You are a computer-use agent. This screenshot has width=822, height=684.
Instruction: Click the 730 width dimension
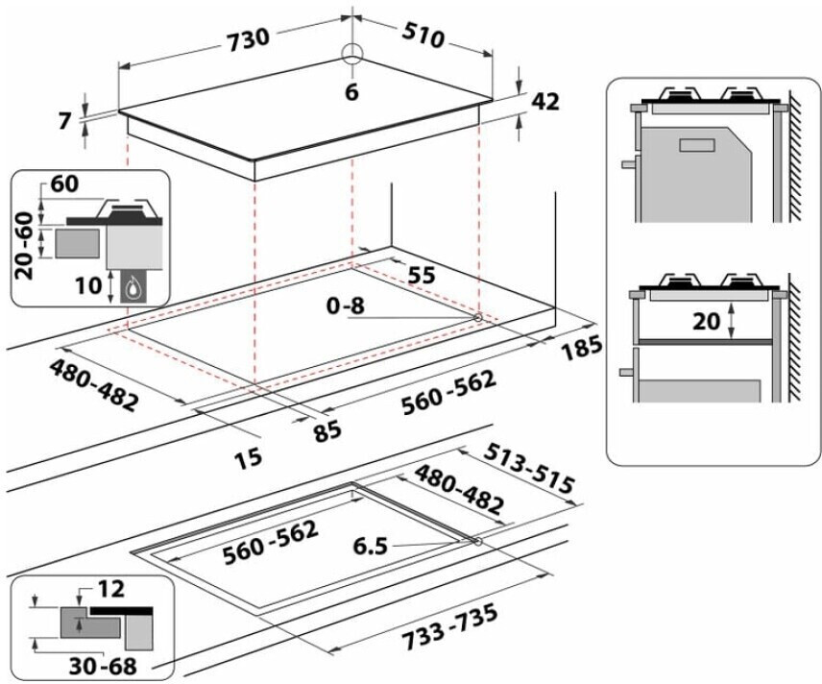point(249,39)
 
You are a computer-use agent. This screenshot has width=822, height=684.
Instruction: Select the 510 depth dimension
point(423,36)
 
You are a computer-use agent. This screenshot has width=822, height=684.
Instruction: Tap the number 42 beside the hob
point(545,101)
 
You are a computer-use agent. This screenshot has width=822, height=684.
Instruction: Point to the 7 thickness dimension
point(64,121)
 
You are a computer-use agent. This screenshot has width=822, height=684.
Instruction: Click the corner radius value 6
point(351,92)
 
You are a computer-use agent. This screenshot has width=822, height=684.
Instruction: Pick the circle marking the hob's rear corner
point(352,54)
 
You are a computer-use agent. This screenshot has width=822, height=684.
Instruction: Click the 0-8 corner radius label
point(345,305)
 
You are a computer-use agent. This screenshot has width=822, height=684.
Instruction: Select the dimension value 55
point(421,275)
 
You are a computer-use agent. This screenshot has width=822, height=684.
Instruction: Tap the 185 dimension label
point(580,348)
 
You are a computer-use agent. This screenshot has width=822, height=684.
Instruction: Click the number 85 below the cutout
point(327,431)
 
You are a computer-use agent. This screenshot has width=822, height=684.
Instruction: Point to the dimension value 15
point(248,458)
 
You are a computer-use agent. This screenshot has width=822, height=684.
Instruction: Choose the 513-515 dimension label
point(529,468)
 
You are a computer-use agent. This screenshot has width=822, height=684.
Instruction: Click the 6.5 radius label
point(370,546)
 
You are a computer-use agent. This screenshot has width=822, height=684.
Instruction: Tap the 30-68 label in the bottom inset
point(103,666)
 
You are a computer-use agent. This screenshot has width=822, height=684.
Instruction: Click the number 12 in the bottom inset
point(110,589)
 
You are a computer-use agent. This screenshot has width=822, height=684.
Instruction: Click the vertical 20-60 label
point(24,245)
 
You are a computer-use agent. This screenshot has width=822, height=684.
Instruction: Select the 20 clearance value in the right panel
point(706,321)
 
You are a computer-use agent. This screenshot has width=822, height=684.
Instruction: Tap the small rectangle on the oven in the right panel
point(697,145)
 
